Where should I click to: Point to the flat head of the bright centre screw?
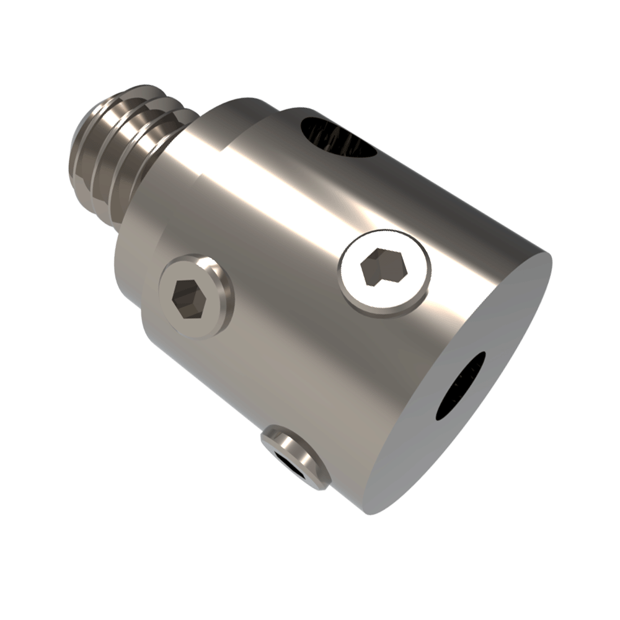[x=360, y=285]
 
